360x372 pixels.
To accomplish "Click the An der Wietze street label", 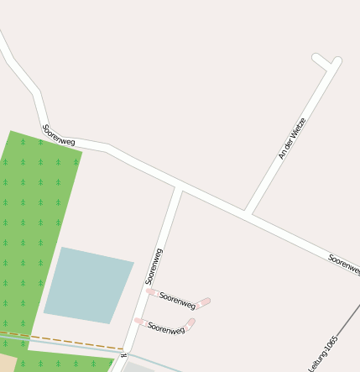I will coord(292,139).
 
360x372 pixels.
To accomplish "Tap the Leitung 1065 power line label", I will coord(323,354).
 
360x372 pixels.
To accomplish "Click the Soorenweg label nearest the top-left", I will coord(58,134).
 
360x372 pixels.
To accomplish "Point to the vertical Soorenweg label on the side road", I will coord(154,266).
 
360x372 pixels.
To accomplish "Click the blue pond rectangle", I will coord(87,285).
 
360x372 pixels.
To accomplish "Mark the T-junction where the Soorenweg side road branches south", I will coord(177,187).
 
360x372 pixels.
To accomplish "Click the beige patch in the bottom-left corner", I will coord(7,363).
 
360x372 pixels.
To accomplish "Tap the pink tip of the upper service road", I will coord(204,302).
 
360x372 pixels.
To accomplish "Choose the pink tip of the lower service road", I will coord(190,322).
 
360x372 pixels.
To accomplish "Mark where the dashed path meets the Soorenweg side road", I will coord(124,348).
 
